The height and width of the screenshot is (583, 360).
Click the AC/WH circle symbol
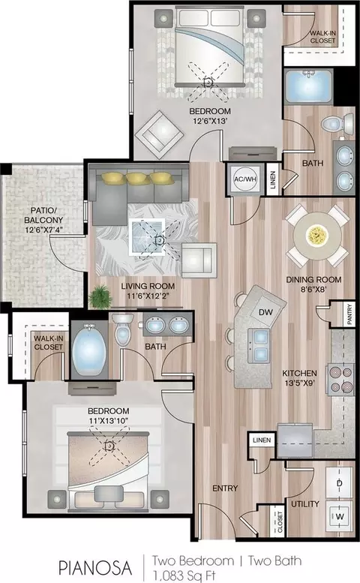[x=245, y=179]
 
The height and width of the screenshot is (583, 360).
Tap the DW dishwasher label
[x=265, y=312]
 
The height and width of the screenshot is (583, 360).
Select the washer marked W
[x=340, y=516]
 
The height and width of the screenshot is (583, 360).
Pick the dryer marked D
[x=339, y=483]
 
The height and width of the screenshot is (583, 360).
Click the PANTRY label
[x=349, y=314]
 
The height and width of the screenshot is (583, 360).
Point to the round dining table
[x=317, y=236]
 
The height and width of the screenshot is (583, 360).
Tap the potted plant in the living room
[x=100, y=296]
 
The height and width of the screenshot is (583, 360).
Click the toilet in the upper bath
[x=337, y=124]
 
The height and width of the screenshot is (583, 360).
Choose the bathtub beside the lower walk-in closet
[x=89, y=349]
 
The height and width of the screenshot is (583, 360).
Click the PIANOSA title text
[x=95, y=568]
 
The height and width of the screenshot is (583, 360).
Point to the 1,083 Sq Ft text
[x=184, y=575]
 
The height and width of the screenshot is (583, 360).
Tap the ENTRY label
[x=225, y=488]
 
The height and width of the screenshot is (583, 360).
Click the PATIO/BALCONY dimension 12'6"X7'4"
[x=43, y=230]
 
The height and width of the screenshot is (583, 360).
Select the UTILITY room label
[x=305, y=503]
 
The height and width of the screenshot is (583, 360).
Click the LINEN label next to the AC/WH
[x=273, y=179]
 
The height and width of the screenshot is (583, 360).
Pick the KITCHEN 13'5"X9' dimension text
[x=300, y=383]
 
